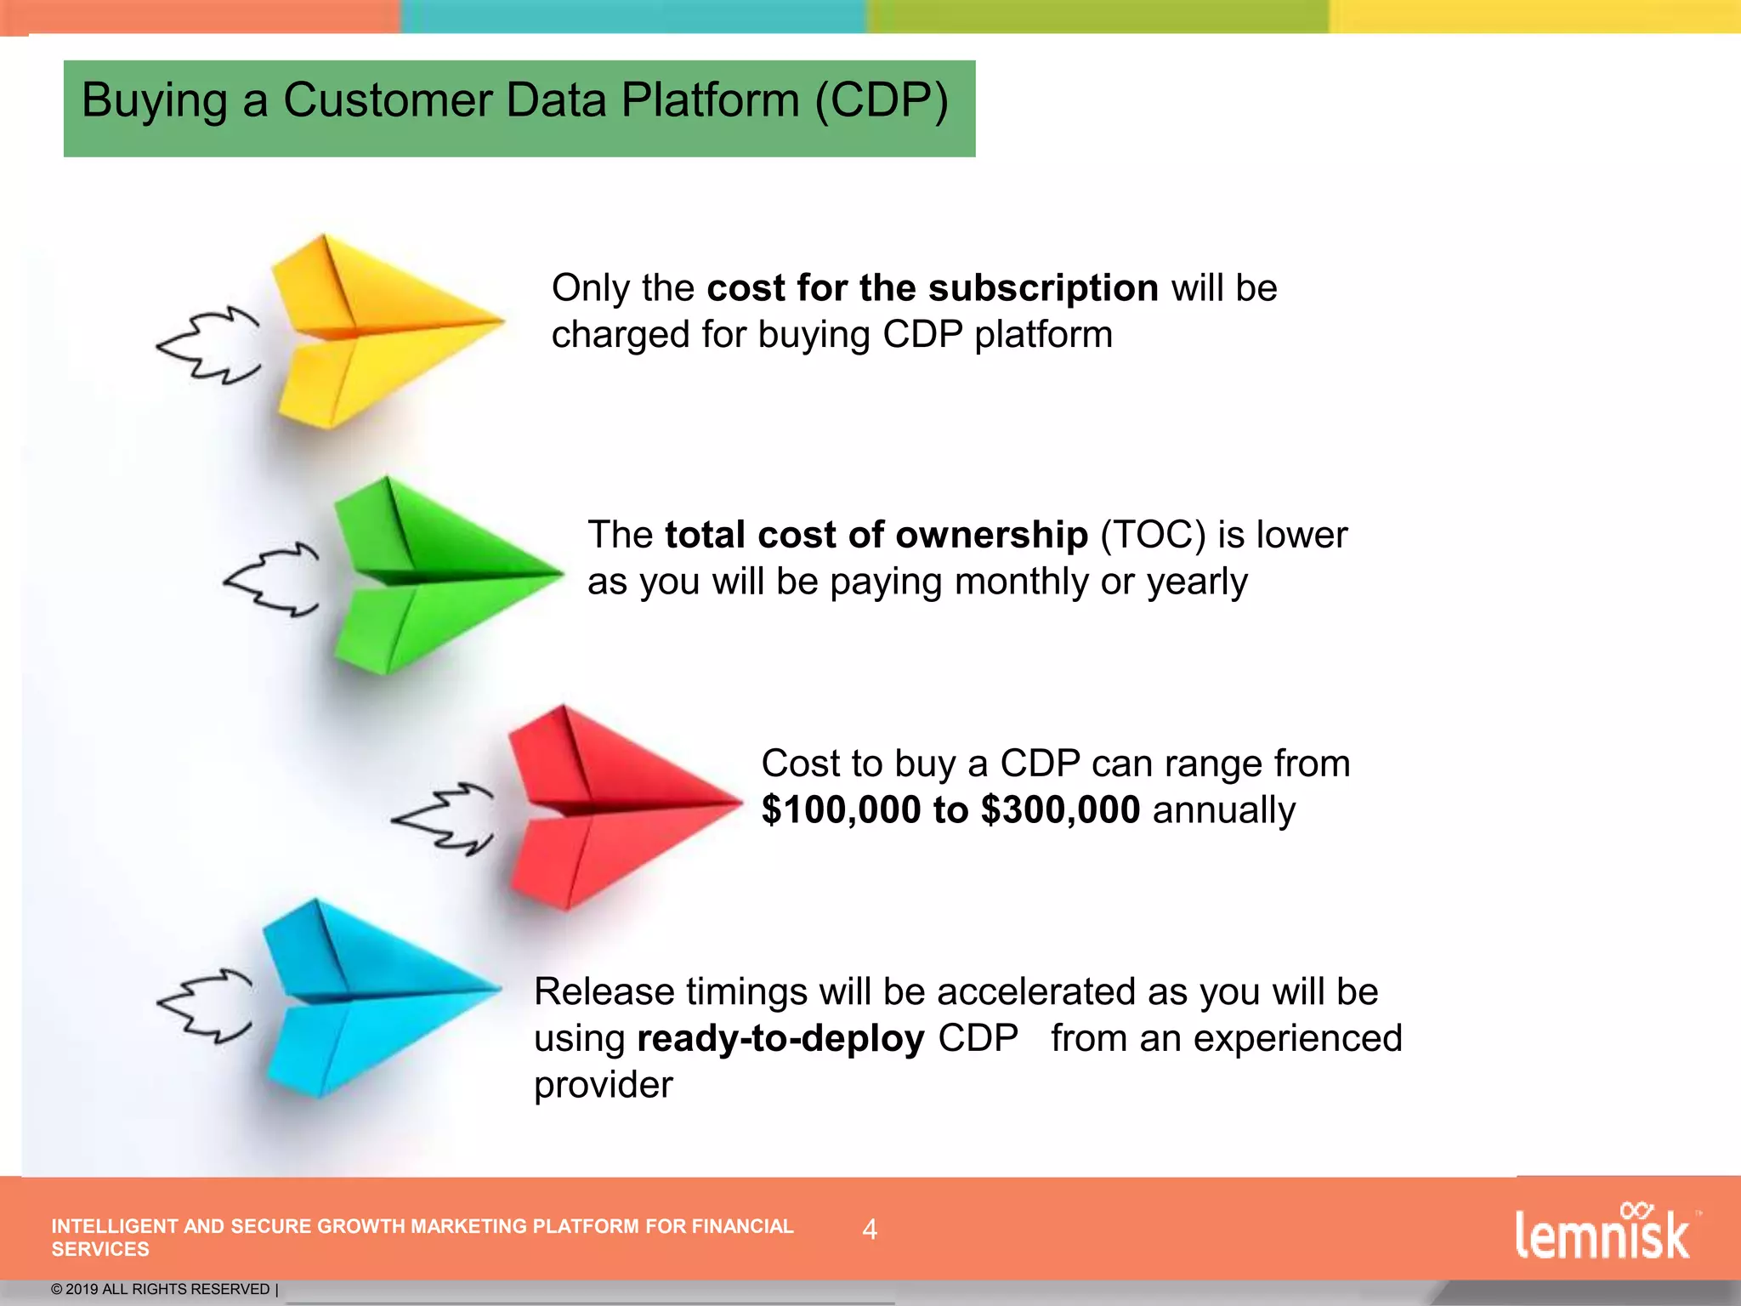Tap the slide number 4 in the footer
[x=870, y=1229]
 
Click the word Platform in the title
[x=710, y=100]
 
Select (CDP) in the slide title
[x=881, y=100]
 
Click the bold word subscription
[x=1043, y=288]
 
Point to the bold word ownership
[x=991, y=535]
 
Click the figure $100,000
[x=842, y=809]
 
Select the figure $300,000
[x=1060, y=809]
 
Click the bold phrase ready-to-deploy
[x=780, y=1038]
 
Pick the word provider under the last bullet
[x=603, y=1085]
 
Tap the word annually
[x=1223, y=809]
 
